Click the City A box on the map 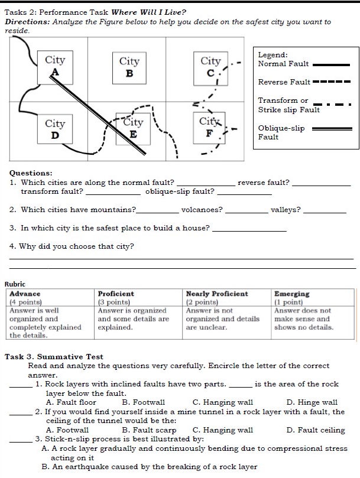(x=55, y=66)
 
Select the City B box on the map (x=129, y=67)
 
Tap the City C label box (x=210, y=66)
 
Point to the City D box (x=55, y=129)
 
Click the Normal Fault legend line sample (x=331, y=64)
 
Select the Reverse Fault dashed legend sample (x=331, y=82)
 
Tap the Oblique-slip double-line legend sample (x=331, y=128)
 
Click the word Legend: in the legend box (x=273, y=55)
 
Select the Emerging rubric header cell (x=313, y=297)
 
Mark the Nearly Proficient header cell (x=228, y=297)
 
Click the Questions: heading (x=31, y=173)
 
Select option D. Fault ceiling (x=316, y=430)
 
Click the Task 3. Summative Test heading (x=54, y=357)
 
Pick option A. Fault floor (x=71, y=402)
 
